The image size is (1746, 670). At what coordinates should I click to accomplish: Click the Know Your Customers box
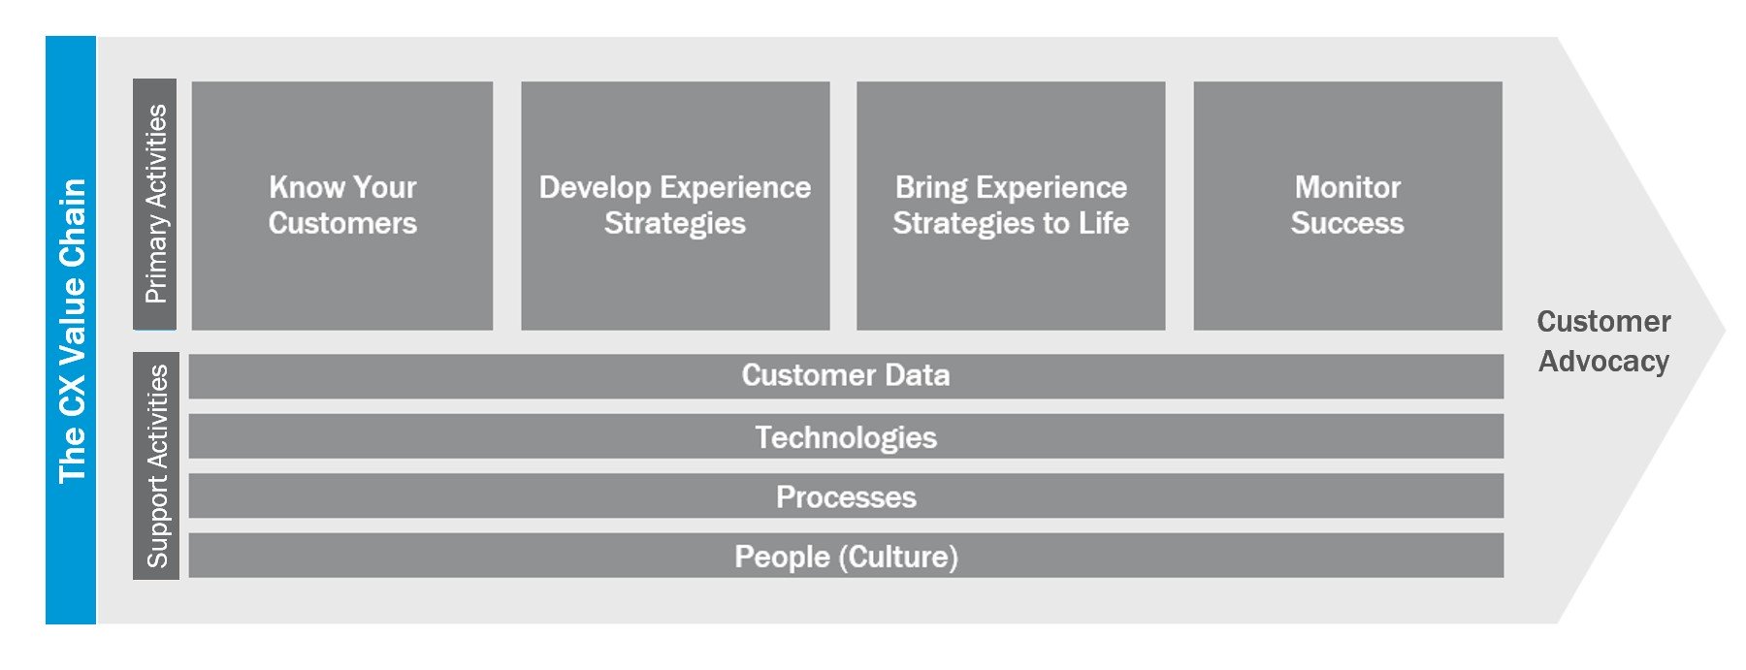tap(342, 206)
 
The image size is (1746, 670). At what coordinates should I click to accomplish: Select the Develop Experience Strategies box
tap(675, 206)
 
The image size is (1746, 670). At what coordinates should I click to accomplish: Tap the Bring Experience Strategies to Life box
tap(1011, 206)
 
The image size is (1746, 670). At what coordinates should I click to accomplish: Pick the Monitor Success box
tap(1347, 206)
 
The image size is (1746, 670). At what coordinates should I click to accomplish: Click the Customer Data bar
tap(846, 376)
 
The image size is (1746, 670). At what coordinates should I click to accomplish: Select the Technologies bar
tap(846, 436)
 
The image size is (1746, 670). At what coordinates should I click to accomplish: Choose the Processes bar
tap(846, 495)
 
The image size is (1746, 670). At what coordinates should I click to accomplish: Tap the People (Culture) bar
tap(846, 556)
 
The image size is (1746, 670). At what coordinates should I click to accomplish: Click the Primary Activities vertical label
tap(155, 204)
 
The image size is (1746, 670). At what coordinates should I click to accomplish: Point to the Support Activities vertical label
tap(155, 466)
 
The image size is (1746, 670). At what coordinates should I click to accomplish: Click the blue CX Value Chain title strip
tap(71, 330)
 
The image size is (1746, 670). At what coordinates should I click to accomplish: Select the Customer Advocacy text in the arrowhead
tap(1603, 341)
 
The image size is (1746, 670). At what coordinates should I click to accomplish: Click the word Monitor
tap(1347, 187)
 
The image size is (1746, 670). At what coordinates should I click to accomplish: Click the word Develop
tap(594, 188)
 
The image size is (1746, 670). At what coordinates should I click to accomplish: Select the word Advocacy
tap(1603, 362)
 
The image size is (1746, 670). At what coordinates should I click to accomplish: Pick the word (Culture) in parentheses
tap(898, 557)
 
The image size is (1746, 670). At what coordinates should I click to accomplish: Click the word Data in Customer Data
tap(917, 375)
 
